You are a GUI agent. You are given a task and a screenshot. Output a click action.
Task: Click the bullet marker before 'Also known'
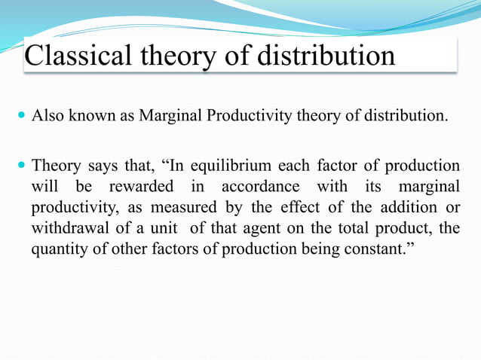tap(20, 117)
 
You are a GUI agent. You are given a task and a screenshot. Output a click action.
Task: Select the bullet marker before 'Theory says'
tap(20, 166)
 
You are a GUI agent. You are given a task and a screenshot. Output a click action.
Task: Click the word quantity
tap(57, 249)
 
